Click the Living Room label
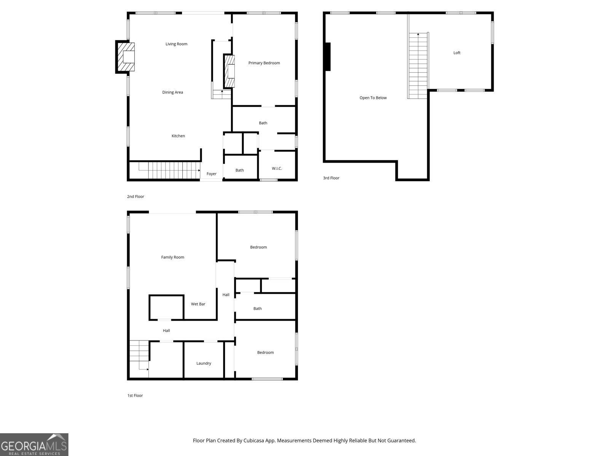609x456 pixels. click(x=176, y=44)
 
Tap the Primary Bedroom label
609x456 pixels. click(x=264, y=63)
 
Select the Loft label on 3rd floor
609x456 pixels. click(x=457, y=53)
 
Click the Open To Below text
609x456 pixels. click(x=373, y=98)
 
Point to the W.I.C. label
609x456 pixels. click(x=277, y=168)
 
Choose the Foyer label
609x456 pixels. click(x=212, y=174)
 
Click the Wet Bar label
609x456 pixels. click(x=198, y=304)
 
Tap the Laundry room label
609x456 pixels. click(x=204, y=363)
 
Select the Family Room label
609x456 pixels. click(x=172, y=257)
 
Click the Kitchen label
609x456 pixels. click(x=178, y=136)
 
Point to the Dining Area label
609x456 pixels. click(x=172, y=92)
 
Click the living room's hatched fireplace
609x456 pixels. click(x=126, y=57)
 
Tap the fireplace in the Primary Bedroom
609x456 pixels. click(x=229, y=71)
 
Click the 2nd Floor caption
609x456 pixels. click(x=136, y=197)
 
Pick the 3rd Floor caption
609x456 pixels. click(x=331, y=178)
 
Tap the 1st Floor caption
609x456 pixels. click(x=135, y=396)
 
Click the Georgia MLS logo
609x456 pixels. click(x=34, y=445)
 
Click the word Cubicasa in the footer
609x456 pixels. click(x=257, y=441)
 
